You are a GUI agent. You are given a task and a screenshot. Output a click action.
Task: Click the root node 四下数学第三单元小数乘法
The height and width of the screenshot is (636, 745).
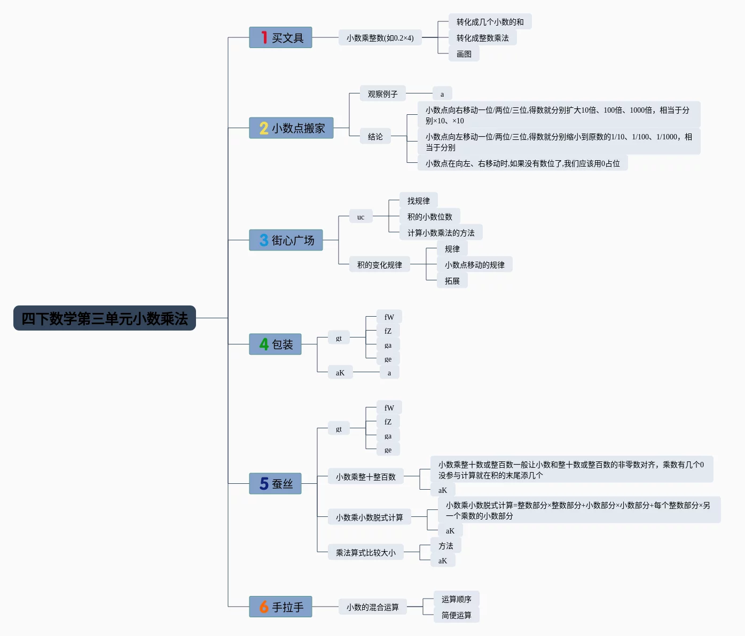click(105, 318)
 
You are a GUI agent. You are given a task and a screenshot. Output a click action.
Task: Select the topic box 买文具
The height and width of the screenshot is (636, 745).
click(280, 38)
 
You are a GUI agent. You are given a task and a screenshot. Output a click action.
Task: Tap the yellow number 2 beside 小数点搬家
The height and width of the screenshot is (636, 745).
click(264, 128)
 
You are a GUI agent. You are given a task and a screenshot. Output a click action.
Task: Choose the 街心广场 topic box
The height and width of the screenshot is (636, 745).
click(286, 240)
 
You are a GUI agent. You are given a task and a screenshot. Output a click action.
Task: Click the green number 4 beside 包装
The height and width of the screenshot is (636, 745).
click(264, 344)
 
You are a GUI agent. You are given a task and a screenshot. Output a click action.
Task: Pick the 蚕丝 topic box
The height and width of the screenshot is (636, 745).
click(275, 484)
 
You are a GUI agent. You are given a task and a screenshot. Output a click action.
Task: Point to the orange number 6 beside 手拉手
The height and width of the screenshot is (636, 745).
click(264, 607)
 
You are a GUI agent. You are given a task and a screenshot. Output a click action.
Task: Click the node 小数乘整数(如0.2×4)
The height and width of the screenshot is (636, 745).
click(380, 38)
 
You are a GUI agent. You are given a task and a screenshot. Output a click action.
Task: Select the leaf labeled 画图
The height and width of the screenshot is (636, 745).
click(464, 54)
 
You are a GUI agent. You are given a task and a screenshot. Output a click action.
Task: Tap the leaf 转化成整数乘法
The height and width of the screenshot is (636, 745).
click(482, 38)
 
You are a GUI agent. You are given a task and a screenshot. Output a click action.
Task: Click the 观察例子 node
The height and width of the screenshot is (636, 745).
click(382, 94)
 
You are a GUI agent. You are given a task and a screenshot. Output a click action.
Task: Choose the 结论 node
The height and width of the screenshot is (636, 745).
click(375, 137)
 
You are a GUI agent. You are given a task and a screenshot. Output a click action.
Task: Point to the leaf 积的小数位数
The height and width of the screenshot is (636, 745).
click(429, 217)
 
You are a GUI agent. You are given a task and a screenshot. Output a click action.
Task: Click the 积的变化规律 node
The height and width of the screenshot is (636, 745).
click(379, 265)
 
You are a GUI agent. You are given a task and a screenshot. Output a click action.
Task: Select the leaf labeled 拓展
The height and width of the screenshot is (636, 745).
click(452, 281)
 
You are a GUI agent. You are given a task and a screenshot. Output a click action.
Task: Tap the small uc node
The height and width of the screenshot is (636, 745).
click(360, 217)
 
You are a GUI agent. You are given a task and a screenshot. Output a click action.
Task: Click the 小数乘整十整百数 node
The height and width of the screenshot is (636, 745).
click(365, 477)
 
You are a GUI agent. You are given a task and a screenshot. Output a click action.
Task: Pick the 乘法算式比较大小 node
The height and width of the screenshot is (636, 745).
click(365, 553)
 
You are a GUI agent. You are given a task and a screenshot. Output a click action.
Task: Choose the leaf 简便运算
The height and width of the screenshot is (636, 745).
click(456, 615)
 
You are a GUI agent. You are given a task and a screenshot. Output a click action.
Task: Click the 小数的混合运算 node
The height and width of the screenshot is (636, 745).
click(372, 607)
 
